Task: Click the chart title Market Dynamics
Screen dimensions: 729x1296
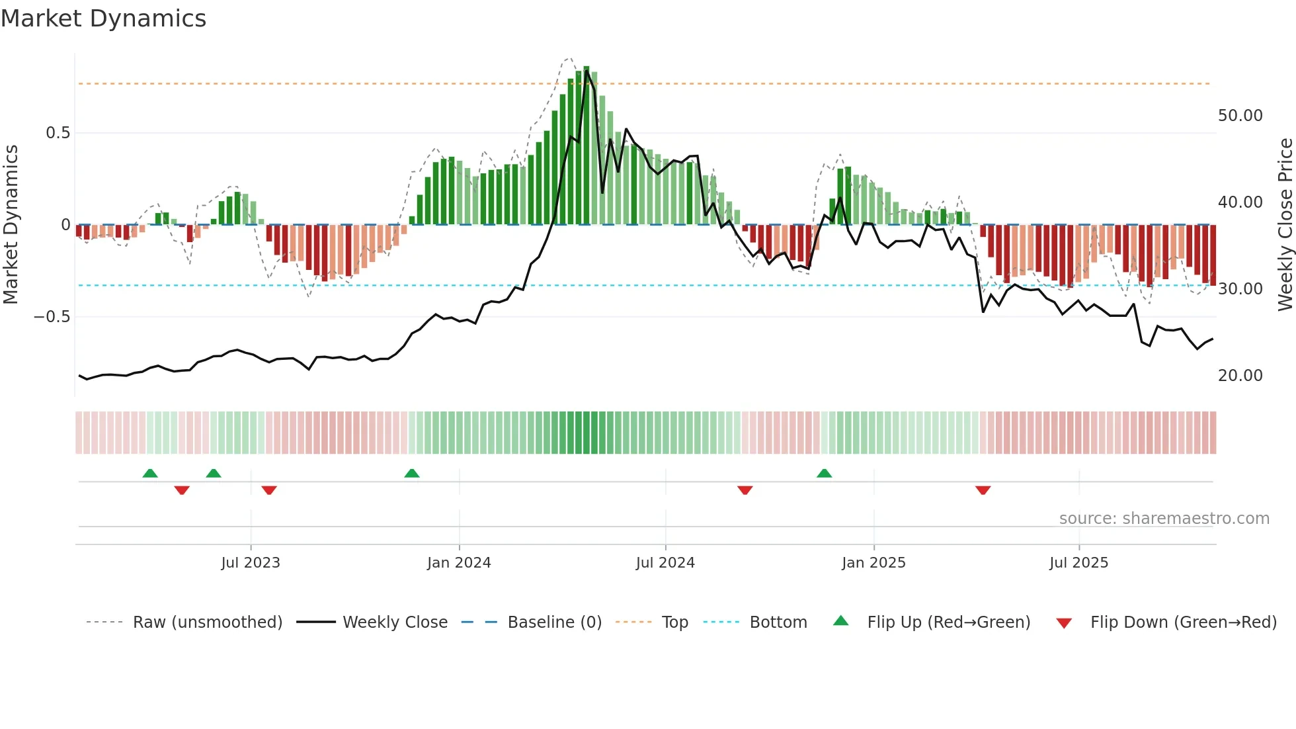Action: [104, 19]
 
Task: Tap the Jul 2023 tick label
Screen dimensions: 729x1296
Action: [251, 563]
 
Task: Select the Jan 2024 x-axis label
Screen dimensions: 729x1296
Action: [459, 563]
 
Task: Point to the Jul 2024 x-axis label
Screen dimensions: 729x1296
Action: [665, 563]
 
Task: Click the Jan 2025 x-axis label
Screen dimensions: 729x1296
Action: [873, 563]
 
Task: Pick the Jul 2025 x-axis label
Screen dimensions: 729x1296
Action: [1078, 563]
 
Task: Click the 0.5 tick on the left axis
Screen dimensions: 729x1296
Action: [58, 133]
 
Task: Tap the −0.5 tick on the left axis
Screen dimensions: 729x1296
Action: [52, 317]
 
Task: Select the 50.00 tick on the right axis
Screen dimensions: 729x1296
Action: [1240, 116]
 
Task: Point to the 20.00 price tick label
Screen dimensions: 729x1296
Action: [1240, 376]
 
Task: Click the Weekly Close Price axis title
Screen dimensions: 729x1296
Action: [1285, 224]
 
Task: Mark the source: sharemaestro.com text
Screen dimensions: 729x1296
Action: [1164, 519]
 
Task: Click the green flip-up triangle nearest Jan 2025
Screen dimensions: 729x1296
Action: [824, 474]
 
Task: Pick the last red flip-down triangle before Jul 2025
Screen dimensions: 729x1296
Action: [983, 490]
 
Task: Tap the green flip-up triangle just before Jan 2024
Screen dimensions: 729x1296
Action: [411, 474]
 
